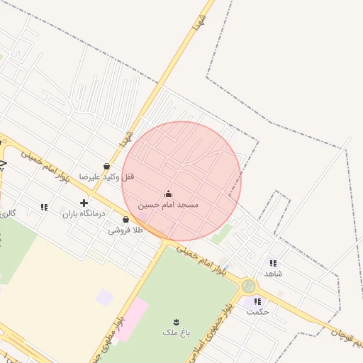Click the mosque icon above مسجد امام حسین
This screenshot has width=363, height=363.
click(168, 194)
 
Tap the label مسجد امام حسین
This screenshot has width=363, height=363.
click(168, 204)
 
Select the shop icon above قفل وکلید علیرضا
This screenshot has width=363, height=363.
click(106, 167)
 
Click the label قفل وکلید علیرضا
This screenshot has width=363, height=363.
click(106, 177)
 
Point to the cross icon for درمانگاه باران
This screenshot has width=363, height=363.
click(84, 203)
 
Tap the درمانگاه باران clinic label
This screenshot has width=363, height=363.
click(84, 213)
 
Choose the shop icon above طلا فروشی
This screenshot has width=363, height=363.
click(125, 220)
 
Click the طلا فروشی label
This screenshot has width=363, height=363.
click(125, 230)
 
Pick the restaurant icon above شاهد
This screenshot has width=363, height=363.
click(273, 263)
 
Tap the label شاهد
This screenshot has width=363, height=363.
click(273, 273)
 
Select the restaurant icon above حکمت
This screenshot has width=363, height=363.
click(257, 301)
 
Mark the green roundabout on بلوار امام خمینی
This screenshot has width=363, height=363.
click(248, 286)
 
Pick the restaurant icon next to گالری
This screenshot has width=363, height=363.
click(44, 207)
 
